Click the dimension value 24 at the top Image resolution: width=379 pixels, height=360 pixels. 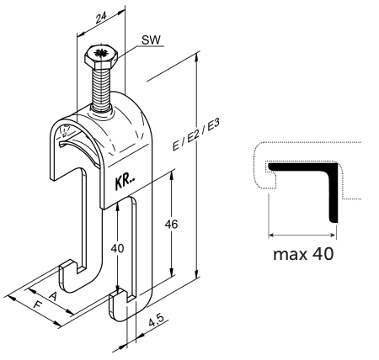pos(101,18)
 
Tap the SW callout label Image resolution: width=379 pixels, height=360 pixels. pos(151,40)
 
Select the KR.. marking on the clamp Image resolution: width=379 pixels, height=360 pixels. pos(125,183)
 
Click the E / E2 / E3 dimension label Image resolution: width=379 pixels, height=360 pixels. pos(195,135)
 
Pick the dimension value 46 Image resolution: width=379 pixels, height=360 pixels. pos(171,225)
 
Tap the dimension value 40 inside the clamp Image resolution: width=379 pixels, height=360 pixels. pos(117,248)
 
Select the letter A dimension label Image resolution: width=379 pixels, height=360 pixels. pos(53,296)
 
